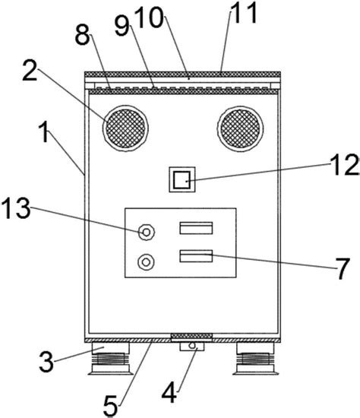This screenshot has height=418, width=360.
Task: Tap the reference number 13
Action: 16,208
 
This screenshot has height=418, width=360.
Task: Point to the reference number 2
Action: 30,70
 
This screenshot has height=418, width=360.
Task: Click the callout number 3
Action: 46,361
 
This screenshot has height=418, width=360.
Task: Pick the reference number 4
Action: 169,393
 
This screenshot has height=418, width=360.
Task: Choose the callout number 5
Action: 110,406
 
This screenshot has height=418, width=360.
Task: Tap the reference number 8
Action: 83,35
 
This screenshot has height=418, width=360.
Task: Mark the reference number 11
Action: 244,12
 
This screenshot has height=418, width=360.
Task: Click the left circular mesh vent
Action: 125,128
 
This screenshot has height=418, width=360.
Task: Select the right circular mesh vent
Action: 240,129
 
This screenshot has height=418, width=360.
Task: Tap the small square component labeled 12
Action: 182,179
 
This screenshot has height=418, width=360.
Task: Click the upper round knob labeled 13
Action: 147,233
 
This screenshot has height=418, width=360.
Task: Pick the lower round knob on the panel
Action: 146,262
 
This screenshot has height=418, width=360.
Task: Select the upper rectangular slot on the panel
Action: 196,228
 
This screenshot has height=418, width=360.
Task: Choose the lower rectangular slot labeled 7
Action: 196,256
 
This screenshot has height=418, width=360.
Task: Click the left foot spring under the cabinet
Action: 111,358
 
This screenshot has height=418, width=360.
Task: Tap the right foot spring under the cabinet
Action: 255,358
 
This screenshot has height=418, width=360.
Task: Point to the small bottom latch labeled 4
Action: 192,347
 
